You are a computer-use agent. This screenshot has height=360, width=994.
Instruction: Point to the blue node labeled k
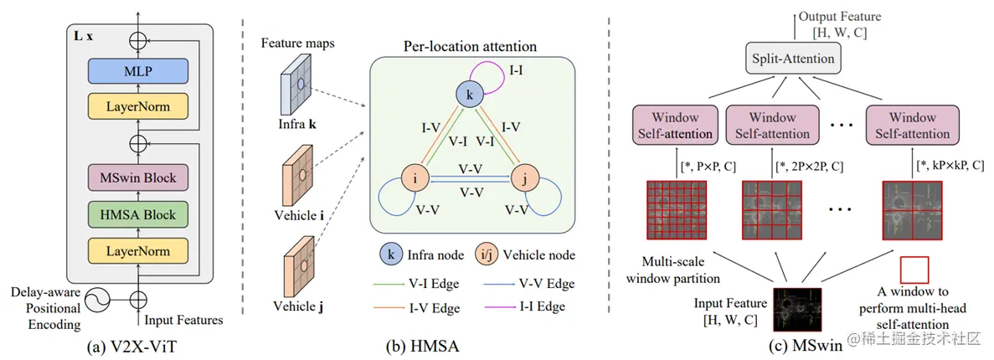[470, 94]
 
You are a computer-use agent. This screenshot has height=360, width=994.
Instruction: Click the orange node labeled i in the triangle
[415, 179]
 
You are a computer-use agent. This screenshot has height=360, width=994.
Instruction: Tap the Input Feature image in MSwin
[796, 305]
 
